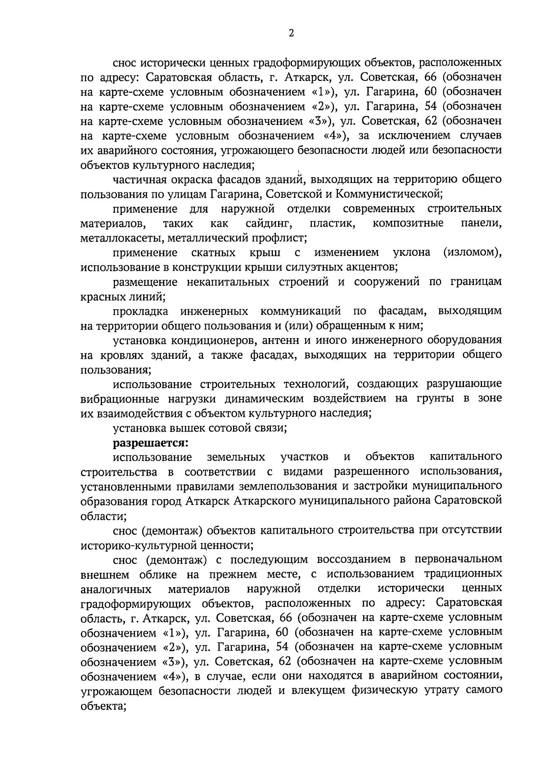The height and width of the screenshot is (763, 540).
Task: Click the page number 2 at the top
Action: click(291, 33)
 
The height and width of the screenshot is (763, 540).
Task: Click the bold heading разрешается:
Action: click(150, 442)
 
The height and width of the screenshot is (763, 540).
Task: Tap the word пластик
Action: click(332, 223)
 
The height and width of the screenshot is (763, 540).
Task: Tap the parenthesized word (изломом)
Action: click(472, 252)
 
